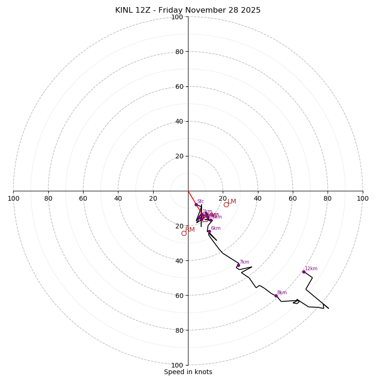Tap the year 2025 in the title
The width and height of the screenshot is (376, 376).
250,10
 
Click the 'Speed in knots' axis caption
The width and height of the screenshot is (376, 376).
188,372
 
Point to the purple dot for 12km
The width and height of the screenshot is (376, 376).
304,272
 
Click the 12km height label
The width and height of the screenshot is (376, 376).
311,269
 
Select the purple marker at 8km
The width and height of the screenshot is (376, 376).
276,296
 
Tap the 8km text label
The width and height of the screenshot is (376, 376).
282,293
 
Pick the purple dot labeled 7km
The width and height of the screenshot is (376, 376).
238,265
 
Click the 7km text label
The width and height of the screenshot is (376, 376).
244,262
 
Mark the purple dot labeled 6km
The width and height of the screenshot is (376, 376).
209,231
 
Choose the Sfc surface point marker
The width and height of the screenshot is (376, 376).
196,204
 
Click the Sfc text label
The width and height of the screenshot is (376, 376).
201,202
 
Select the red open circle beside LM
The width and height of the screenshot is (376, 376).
226,204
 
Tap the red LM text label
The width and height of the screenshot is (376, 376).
232,202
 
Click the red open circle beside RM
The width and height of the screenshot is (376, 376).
184,233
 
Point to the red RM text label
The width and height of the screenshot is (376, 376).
190,230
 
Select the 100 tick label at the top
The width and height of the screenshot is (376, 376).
177,17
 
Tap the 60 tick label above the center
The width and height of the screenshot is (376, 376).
179,86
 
